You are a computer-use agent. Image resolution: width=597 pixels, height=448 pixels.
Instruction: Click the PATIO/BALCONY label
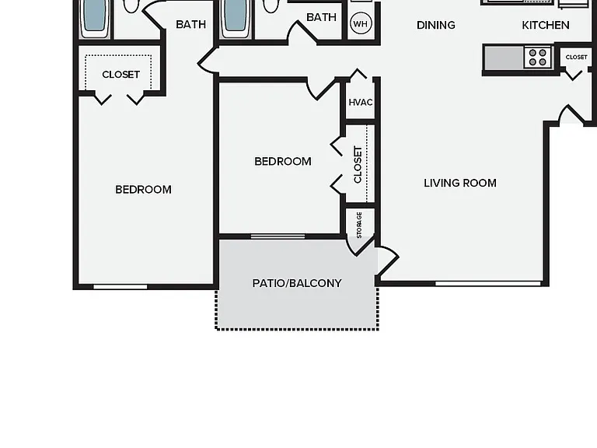pos(297,283)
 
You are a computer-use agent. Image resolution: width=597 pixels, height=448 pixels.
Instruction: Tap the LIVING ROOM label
pos(460,183)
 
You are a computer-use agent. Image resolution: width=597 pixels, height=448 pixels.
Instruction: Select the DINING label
pos(436,25)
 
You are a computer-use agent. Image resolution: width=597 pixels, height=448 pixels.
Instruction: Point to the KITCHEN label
pos(546,25)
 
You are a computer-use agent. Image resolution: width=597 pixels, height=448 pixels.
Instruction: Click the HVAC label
pos(361,102)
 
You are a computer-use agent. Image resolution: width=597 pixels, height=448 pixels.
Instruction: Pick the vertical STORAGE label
pos(359,225)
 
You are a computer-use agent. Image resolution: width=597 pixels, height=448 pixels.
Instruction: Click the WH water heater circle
pos(360,23)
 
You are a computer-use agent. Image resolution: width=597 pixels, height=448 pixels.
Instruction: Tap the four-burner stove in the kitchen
pos(538,58)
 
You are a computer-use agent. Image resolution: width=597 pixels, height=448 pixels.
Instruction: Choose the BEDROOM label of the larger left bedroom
pos(143,189)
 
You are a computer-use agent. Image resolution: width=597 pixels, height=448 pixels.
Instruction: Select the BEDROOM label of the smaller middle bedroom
pos(283,161)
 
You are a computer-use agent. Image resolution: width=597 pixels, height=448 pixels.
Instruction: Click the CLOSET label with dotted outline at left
pos(120,75)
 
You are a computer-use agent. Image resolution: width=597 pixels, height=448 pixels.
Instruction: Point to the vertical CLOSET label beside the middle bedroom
pos(358,165)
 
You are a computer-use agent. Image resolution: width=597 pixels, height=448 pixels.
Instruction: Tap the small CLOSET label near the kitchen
pos(577,57)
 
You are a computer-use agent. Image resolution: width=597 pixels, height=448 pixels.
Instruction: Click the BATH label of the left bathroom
pos(190,24)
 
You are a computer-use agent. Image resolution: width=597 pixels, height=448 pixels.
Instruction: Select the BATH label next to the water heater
pos(321,17)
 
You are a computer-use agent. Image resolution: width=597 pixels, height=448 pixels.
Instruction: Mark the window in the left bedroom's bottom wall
pos(120,286)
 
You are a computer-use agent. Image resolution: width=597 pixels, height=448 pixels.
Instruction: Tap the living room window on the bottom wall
pos(488,283)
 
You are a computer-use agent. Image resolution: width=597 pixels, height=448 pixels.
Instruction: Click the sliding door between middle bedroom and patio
pos(278,236)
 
